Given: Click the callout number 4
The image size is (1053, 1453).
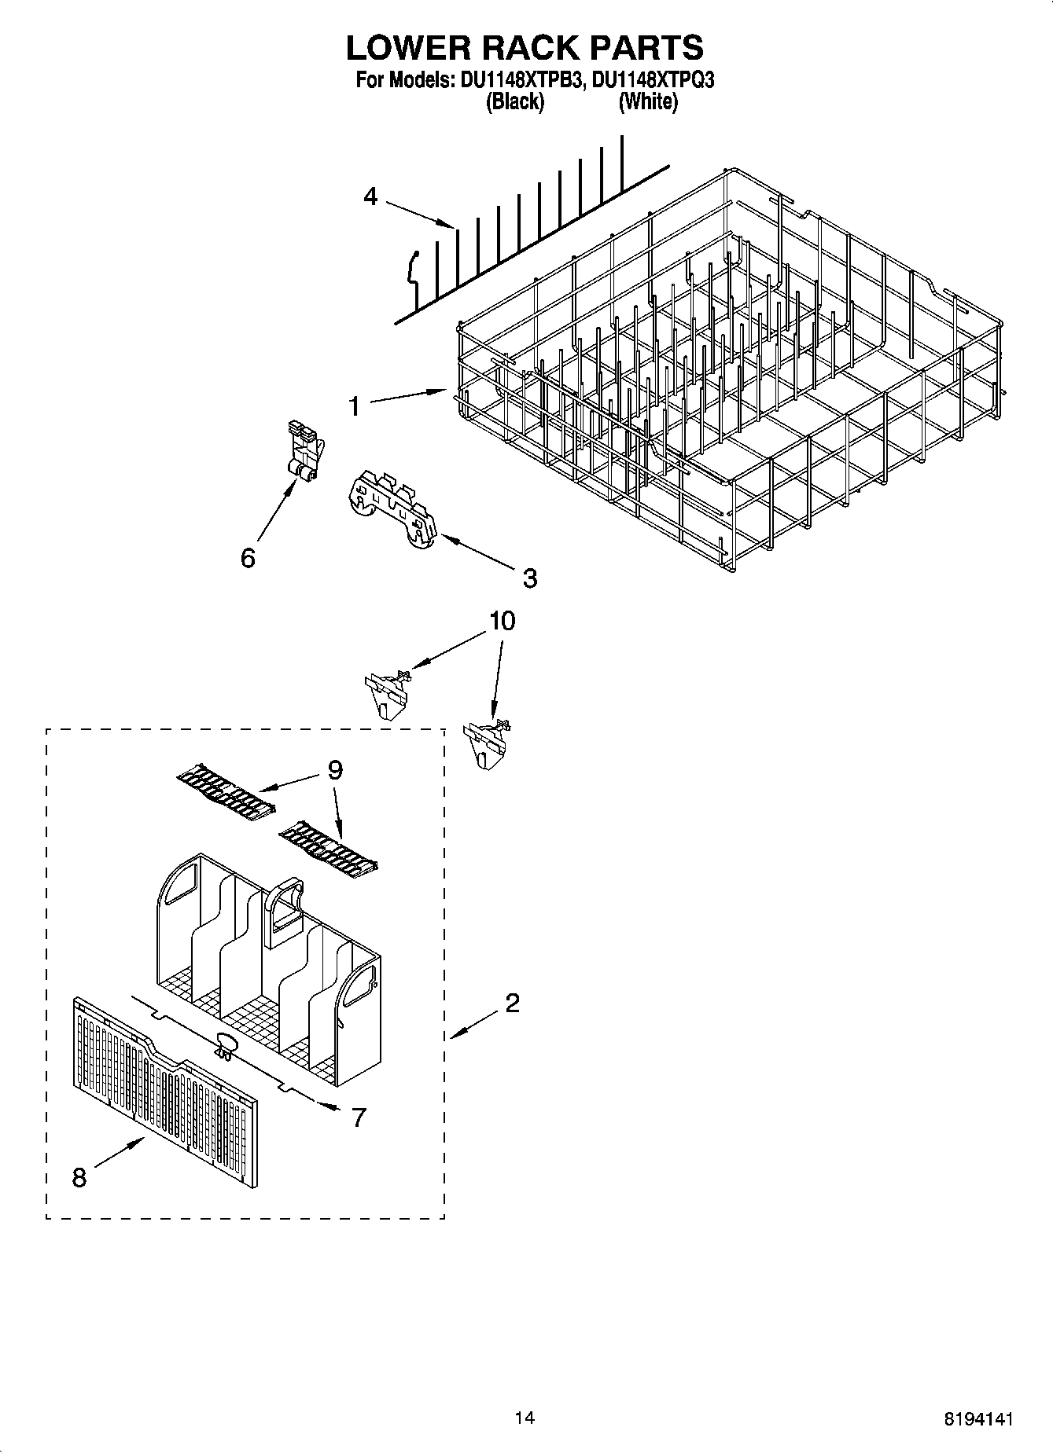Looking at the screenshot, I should (370, 196).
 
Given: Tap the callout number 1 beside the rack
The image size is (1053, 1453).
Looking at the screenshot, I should (355, 406).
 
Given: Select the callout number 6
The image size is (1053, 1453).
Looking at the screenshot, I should (248, 558).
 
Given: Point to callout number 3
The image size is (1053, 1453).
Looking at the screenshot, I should (529, 578).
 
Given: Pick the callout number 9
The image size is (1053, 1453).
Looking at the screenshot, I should (335, 770).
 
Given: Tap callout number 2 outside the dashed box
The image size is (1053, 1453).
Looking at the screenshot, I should (512, 1003).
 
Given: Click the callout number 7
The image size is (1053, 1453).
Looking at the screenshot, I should (359, 1117).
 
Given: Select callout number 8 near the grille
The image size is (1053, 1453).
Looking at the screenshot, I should (79, 1178).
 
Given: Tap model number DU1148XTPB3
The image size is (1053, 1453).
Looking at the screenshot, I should (517, 80).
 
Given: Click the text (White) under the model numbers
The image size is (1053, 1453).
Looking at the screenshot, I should (648, 101).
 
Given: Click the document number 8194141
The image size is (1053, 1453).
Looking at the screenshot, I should (978, 1419).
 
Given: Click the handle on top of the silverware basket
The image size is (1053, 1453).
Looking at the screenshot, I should (285, 908).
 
